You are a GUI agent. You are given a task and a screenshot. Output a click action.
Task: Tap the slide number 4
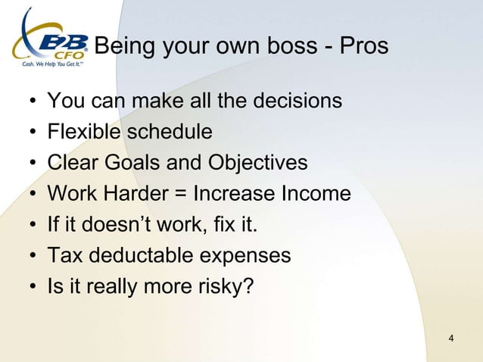451,337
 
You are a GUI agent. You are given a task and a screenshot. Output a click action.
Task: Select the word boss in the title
285,46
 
